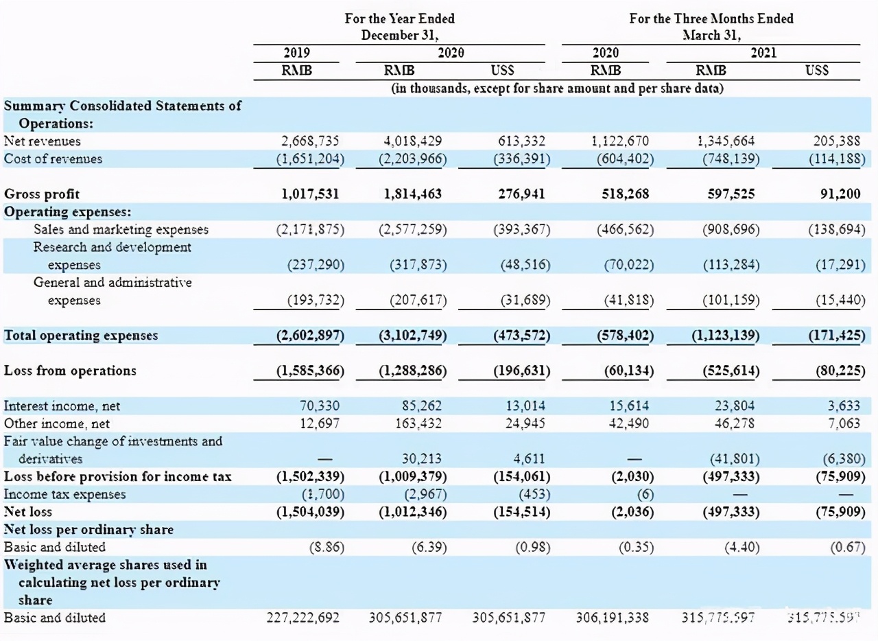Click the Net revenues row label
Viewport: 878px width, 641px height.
[43, 141]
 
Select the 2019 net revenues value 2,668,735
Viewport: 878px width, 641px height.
[311, 141]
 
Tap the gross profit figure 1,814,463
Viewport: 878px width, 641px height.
[413, 194]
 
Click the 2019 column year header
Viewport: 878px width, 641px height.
[296, 53]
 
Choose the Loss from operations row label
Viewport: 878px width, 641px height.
[70, 371]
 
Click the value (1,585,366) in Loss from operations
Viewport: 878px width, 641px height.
[310, 371]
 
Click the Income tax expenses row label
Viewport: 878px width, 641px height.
[65, 494]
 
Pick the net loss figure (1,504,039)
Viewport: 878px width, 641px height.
[310, 512]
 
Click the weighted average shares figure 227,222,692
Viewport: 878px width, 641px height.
[302, 618]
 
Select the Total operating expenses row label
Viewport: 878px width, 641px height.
[81, 336]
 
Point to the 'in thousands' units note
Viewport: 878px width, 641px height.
[558, 89]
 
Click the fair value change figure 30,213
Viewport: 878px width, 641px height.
[420, 459]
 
